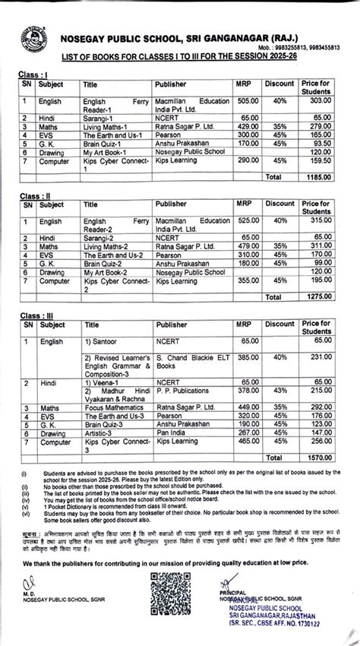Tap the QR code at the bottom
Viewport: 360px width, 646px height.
pos(179,600)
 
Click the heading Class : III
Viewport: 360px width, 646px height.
pos(36,314)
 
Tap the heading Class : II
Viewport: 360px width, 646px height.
pos(35,195)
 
